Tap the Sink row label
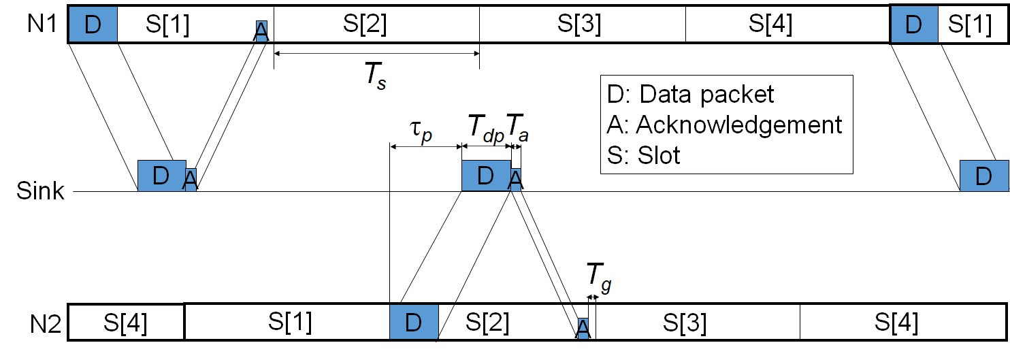click(x=40, y=191)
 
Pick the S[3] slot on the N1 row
click(x=583, y=24)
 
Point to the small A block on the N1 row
click(x=261, y=31)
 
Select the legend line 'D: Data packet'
click(x=691, y=93)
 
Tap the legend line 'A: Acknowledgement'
click(x=725, y=125)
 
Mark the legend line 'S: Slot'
click(x=644, y=155)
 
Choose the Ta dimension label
click(x=517, y=127)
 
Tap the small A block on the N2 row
click(x=583, y=327)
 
